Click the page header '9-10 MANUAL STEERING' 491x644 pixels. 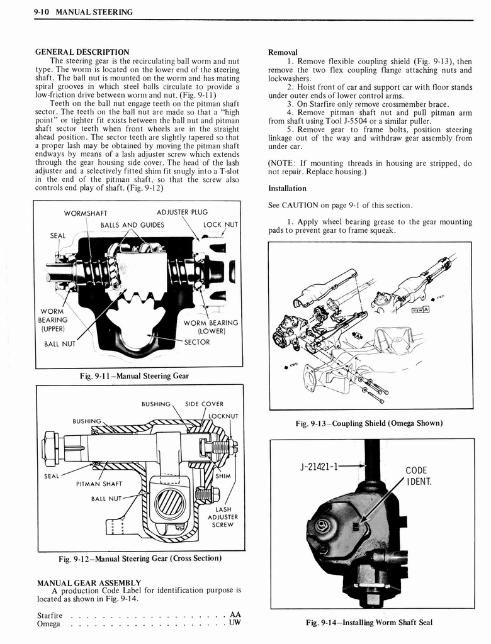[x=83, y=12]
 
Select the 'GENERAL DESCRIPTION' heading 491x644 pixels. [x=82, y=52]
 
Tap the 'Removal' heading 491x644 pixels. [x=283, y=52]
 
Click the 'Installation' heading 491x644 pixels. [x=287, y=188]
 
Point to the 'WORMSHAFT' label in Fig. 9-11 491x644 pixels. [x=86, y=213]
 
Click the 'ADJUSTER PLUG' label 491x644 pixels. [x=182, y=212]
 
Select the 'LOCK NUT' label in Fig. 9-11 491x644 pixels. [x=220, y=225]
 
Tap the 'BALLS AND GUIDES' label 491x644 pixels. [x=132, y=225]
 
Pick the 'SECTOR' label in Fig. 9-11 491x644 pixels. [x=197, y=342]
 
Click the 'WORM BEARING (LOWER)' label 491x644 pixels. [x=211, y=327]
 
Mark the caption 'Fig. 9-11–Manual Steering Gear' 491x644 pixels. [x=134, y=376]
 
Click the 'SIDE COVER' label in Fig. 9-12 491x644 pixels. [x=204, y=404]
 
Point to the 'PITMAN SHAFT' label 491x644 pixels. [x=99, y=484]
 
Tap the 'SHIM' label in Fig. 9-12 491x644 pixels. [x=223, y=476]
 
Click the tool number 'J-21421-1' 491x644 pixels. [x=319, y=467]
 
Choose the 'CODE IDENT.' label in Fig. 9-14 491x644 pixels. [x=416, y=476]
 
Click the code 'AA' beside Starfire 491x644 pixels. [x=235, y=614]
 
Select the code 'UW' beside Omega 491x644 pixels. [x=235, y=623]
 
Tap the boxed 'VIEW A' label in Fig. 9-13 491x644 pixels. [x=420, y=309]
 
